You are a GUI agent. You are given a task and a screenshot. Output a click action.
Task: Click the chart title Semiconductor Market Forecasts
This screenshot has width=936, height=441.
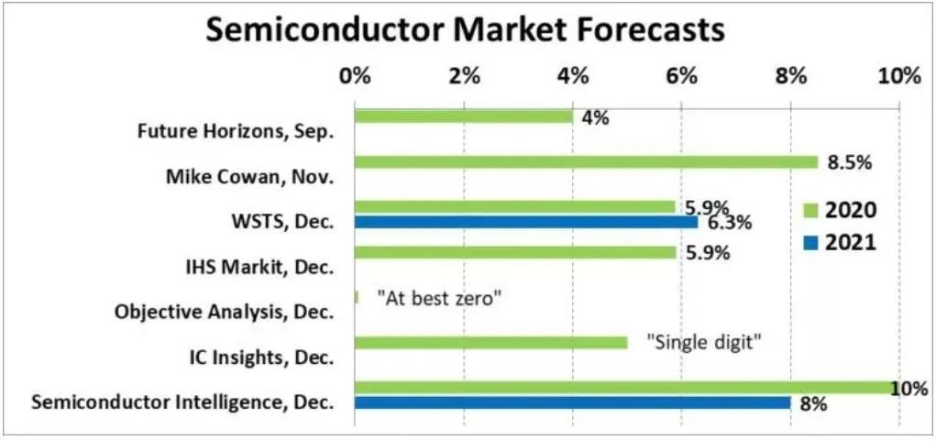[466, 31]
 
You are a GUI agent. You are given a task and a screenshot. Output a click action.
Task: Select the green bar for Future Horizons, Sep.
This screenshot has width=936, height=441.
[464, 116]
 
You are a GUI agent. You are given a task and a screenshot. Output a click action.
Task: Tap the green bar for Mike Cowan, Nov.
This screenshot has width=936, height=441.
[586, 161]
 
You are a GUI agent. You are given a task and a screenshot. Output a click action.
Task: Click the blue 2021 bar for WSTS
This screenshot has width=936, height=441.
[526, 222]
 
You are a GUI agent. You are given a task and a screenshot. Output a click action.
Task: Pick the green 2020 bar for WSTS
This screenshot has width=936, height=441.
[514, 207]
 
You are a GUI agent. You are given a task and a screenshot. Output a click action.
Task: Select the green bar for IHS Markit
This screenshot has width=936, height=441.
[515, 252]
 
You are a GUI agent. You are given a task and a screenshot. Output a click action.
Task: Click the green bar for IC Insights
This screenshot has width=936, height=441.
[490, 343]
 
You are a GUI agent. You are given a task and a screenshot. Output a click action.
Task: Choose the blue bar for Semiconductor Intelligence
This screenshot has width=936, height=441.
[572, 402]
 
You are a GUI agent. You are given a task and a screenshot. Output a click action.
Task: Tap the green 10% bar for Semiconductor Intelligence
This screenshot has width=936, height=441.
[627, 388]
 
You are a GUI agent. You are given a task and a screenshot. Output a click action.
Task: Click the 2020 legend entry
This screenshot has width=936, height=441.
[839, 210]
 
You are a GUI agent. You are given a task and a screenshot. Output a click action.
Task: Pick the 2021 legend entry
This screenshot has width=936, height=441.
[839, 244]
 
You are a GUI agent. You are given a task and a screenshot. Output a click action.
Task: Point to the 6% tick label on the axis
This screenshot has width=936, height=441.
[682, 77]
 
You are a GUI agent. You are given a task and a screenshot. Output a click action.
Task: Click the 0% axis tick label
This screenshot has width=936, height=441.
[355, 77]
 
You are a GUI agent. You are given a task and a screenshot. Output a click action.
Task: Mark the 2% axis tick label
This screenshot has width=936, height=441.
[465, 77]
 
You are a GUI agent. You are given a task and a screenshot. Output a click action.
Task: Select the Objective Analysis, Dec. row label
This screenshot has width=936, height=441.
[224, 313]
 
